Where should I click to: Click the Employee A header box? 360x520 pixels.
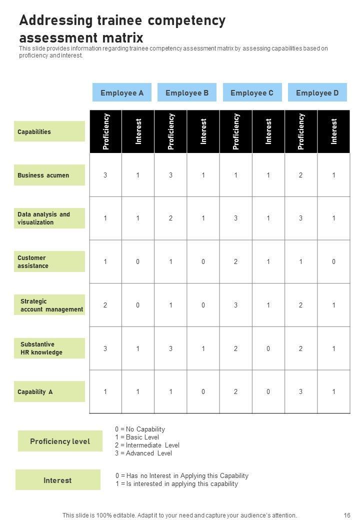coord(122,92)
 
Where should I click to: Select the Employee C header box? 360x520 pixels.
coord(252,92)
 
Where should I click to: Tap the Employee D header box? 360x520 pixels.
coord(317,92)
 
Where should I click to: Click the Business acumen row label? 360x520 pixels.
coord(49,175)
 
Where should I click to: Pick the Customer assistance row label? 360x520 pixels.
coord(49,261)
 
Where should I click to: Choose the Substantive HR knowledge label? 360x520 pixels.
coord(49,348)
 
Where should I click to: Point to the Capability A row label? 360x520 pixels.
coord(49,391)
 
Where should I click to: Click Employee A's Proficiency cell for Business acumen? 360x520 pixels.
coord(105,175)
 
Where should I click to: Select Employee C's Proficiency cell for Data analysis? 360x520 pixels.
coord(235,218)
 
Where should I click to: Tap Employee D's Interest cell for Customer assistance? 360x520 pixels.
coord(333,261)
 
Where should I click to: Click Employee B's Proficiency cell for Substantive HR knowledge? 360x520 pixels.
coord(170,348)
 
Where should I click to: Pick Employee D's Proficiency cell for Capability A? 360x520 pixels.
coord(301,391)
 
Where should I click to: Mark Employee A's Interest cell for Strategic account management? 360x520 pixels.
coord(138,305)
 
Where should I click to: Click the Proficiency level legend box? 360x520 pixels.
coord(60,441)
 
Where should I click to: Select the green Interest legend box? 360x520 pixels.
coord(57,480)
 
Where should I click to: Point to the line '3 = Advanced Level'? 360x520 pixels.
coord(143,453)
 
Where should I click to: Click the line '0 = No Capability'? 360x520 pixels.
coord(140,429)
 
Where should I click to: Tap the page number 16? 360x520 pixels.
coord(347,515)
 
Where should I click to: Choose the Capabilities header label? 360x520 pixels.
coord(49,131)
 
